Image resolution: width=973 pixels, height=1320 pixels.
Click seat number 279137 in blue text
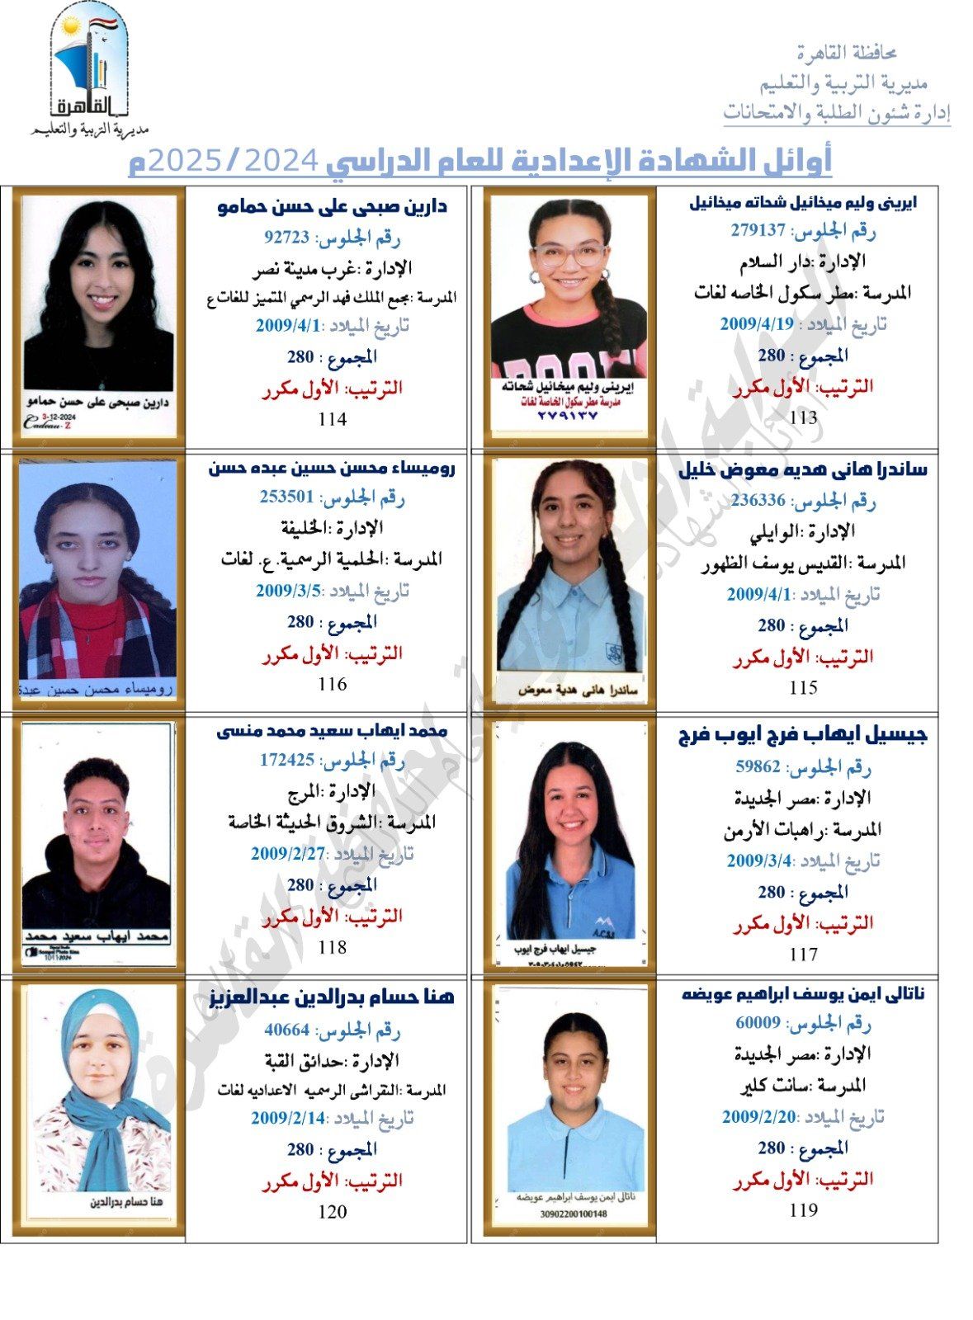(x=757, y=230)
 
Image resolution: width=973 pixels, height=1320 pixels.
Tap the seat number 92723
(x=286, y=238)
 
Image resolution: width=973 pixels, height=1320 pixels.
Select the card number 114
(x=332, y=419)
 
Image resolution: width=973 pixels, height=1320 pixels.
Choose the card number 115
(x=802, y=687)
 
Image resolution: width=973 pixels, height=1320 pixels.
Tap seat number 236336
(x=758, y=501)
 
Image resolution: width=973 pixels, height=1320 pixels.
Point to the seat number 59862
(x=758, y=766)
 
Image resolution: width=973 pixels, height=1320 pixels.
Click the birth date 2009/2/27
(x=288, y=854)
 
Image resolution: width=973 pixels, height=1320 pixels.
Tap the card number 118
(x=332, y=947)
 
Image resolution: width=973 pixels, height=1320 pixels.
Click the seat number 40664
(x=286, y=1030)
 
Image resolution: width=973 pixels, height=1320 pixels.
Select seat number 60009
(x=758, y=1023)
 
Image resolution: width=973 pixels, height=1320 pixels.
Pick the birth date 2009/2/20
(x=758, y=1117)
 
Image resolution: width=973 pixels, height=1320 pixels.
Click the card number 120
(x=332, y=1212)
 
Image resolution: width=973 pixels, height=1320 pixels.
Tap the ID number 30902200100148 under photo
(x=573, y=1214)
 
